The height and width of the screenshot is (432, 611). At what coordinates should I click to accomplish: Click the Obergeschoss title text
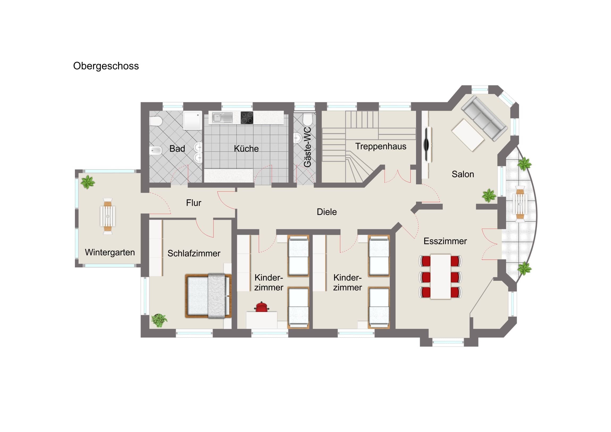click(106, 66)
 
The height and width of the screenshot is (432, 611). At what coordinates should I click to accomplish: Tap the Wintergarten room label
click(110, 252)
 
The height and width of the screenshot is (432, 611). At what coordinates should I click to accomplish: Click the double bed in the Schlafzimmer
click(208, 296)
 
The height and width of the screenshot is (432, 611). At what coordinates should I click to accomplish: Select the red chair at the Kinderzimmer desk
click(262, 307)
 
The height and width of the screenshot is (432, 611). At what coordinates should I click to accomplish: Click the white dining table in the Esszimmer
click(440, 277)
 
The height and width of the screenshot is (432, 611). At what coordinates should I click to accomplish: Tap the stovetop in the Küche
click(247, 118)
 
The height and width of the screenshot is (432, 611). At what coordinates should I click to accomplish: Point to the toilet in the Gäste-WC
click(307, 120)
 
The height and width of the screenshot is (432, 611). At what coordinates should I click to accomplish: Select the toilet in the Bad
click(156, 121)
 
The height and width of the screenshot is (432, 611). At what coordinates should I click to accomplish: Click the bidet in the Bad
click(155, 151)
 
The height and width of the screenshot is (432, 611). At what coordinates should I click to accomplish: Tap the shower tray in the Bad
click(192, 120)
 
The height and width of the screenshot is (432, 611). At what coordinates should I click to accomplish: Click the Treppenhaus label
click(380, 146)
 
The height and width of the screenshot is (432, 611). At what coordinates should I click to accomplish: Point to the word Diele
click(327, 212)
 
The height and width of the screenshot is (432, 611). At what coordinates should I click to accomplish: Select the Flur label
click(193, 203)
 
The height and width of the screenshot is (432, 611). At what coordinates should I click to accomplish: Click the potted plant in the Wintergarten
click(88, 182)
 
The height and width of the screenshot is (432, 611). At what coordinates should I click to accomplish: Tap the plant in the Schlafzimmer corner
click(159, 320)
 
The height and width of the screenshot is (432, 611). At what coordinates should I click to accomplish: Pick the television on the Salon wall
click(427, 145)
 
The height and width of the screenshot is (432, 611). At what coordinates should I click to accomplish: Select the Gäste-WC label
click(307, 147)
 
